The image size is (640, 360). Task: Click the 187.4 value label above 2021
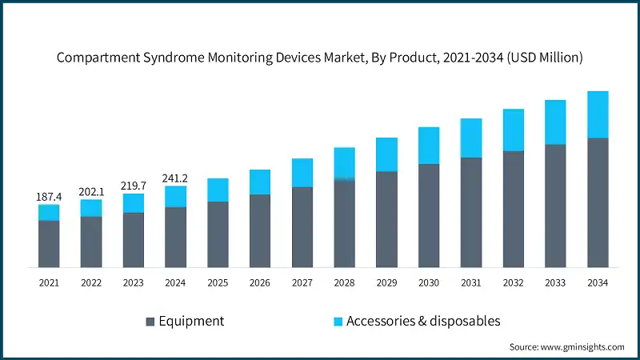click(49, 197)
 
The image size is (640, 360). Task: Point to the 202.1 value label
click(91, 192)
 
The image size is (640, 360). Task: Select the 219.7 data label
click(134, 186)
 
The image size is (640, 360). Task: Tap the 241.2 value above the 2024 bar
click(176, 178)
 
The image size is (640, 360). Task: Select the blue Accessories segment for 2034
click(598, 114)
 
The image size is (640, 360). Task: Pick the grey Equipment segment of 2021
click(49, 243)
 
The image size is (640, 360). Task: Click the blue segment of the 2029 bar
click(386, 154)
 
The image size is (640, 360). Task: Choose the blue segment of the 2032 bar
click(513, 130)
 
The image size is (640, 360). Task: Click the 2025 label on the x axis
click(218, 283)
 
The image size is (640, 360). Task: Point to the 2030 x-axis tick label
click(429, 283)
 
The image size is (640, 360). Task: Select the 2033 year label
click(555, 283)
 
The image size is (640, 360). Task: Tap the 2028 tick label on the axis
click(344, 283)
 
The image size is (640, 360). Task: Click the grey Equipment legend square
click(150, 322)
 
